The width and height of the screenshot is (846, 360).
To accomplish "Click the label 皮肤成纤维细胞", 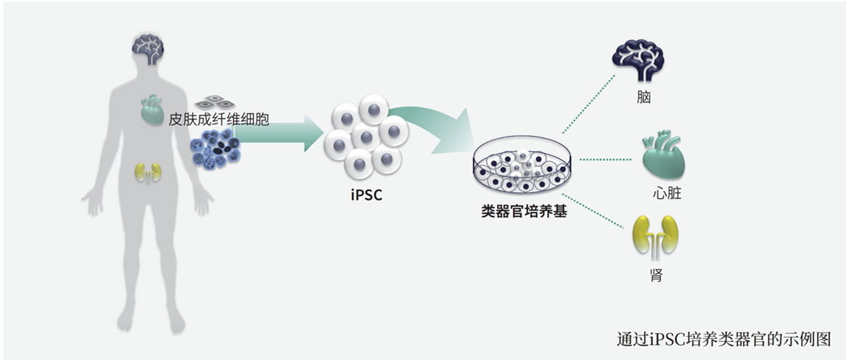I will tap(218, 119).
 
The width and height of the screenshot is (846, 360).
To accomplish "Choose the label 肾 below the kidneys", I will tap(656, 275).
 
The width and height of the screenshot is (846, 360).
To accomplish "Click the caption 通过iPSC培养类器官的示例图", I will tap(723, 339).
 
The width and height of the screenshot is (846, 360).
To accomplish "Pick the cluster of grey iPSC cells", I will tap(366, 137).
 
